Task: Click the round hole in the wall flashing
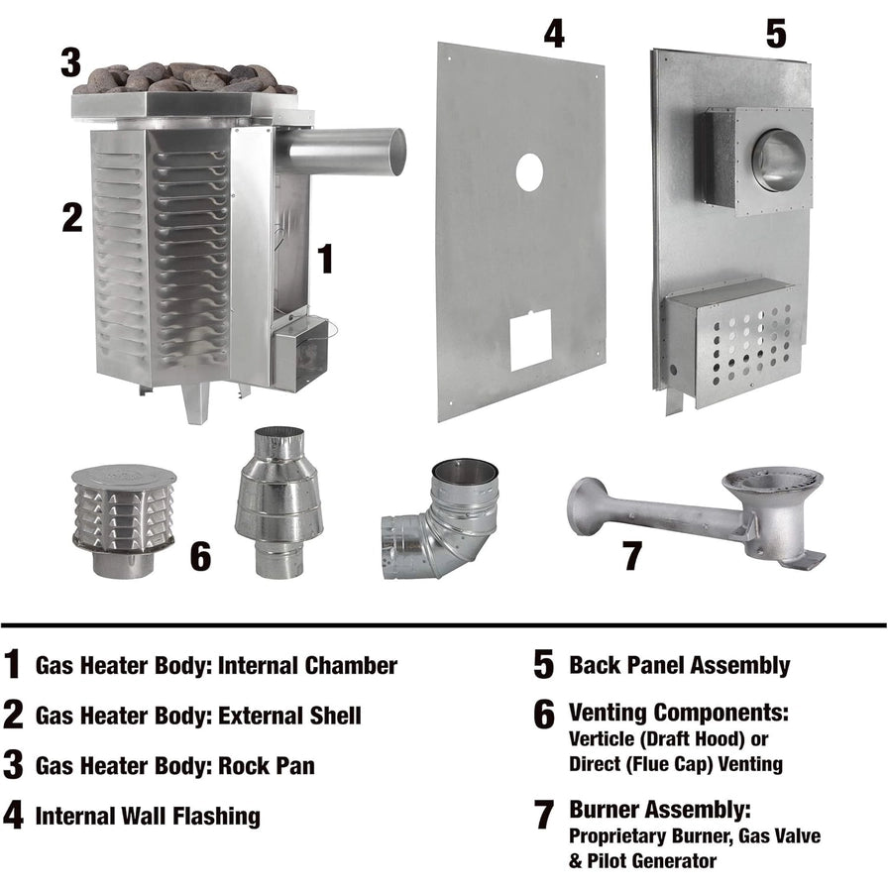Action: pyautogui.click(x=529, y=172)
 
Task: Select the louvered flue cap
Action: pyautogui.click(x=124, y=521)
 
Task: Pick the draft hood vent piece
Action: pyautogui.click(x=278, y=502)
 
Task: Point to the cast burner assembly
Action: pyautogui.click(x=697, y=516)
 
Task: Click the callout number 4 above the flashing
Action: pyautogui.click(x=554, y=34)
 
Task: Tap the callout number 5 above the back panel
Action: pyautogui.click(x=776, y=34)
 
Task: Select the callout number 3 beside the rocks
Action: pyautogui.click(x=70, y=61)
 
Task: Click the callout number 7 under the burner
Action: pyautogui.click(x=632, y=556)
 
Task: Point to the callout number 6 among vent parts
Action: pyautogui.click(x=200, y=556)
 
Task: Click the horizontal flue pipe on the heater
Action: pyautogui.click(x=341, y=152)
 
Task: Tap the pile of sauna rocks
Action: pyautogui.click(x=185, y=77)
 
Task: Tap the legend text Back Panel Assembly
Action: pyautogui.click(x=679, y=665)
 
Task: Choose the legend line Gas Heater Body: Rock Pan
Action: pyautogui.click(x=175, y=766)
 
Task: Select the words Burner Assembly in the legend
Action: pyautogui.click(x=660, y=810)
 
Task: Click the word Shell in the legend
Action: pyautogui.click(x=335, y=716)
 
